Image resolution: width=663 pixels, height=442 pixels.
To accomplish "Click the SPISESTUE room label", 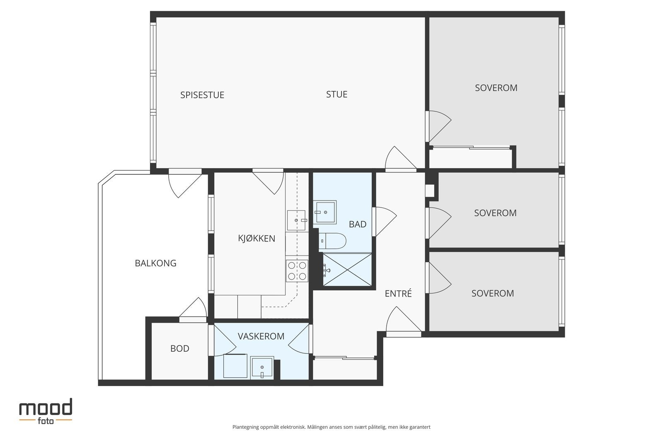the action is point(202,95).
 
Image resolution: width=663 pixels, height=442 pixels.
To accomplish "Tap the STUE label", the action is point(336,94).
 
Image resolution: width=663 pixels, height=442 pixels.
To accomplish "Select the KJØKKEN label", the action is point(256,238).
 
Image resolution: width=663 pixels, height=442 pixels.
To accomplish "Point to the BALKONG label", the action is point(155,263).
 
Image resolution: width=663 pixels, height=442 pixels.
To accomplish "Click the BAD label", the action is point(358,224).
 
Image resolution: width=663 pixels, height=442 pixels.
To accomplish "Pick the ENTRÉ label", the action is point(398,293).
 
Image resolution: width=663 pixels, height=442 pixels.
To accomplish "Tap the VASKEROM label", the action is point(261,336).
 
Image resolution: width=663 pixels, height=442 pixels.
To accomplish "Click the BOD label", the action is point(180,348).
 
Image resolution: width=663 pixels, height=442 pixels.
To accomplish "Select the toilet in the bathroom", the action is point(332,241).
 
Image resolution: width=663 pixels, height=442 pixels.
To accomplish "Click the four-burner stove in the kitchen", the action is point(297,271).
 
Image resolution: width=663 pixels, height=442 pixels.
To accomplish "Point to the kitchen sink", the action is point(296,220).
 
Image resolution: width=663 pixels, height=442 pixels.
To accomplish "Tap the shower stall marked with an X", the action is point(347,270).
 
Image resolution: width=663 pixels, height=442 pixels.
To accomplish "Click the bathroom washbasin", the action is point(325,212).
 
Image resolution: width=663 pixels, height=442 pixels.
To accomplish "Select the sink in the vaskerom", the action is point(262,368).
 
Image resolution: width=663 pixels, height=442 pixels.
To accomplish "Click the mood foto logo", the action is point(46,411).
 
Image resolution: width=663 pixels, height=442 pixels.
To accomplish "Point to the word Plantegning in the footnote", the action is point(245,427).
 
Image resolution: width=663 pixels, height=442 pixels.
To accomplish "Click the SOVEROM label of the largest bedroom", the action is point(496,88).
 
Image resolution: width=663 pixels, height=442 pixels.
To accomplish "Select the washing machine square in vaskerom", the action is point(235,366).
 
